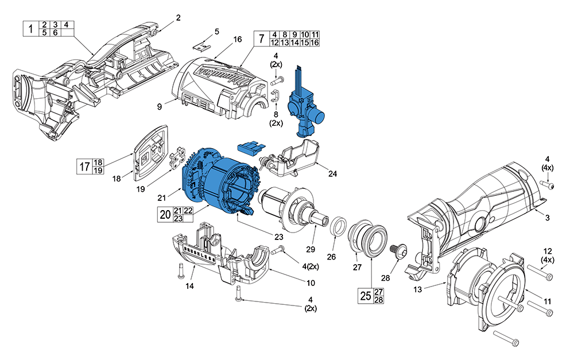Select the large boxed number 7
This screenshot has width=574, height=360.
[261, 38]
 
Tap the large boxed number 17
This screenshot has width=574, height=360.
[83, 167]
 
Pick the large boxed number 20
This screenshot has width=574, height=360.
[164, 215]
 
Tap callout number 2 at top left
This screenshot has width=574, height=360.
[178, 18]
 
